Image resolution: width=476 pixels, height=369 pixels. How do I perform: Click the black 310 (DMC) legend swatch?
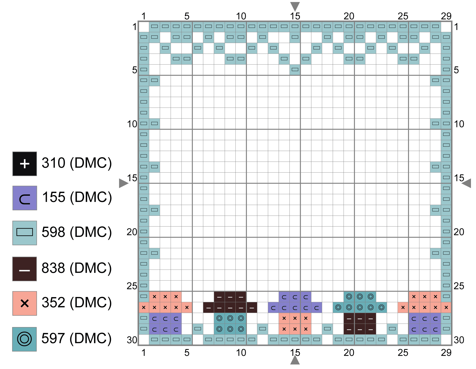click(x=25, y=164)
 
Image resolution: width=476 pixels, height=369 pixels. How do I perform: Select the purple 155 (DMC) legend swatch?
click(x=25, y=198)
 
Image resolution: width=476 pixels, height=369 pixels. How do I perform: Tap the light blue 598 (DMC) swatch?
click(x=25, y=233)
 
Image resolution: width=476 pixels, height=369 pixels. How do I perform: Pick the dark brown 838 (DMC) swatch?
click(x=25, y=269)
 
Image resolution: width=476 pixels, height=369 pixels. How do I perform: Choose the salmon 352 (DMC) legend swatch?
click(x=25, y=303)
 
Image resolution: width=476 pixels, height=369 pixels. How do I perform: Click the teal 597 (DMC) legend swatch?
click(x=25, y=339)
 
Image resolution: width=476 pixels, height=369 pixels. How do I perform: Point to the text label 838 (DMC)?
click(x=77, y=268)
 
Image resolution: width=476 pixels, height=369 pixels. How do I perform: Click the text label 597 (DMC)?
click(x=77, y=339)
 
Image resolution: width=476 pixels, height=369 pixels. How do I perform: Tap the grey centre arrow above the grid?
click(x=295, y=6)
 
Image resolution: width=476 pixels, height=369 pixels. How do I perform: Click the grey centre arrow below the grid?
click(x=295, y=360)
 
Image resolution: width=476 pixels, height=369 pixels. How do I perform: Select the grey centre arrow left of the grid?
click(x=123, y=183)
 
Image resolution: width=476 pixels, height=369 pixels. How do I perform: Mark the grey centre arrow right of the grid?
click(x=467, y=183)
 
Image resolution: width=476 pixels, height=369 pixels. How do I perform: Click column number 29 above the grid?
click(x=446, y=16)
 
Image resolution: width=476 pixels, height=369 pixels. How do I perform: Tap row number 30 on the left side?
click(x=132, y=340)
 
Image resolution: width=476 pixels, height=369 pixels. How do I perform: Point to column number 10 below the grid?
click(x=241, y=353)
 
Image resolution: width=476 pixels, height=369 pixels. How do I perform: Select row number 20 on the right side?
click(x=459, y=232)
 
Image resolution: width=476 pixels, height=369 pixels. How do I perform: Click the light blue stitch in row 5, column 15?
click(x=295, y=69)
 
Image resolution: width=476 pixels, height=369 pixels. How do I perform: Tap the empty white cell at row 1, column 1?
click(x=144, y=26)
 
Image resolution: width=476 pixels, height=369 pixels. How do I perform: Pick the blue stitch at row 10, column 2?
click(x=155, y=124)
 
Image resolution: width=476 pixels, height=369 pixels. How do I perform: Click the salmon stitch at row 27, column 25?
click(x=403, y=307)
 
